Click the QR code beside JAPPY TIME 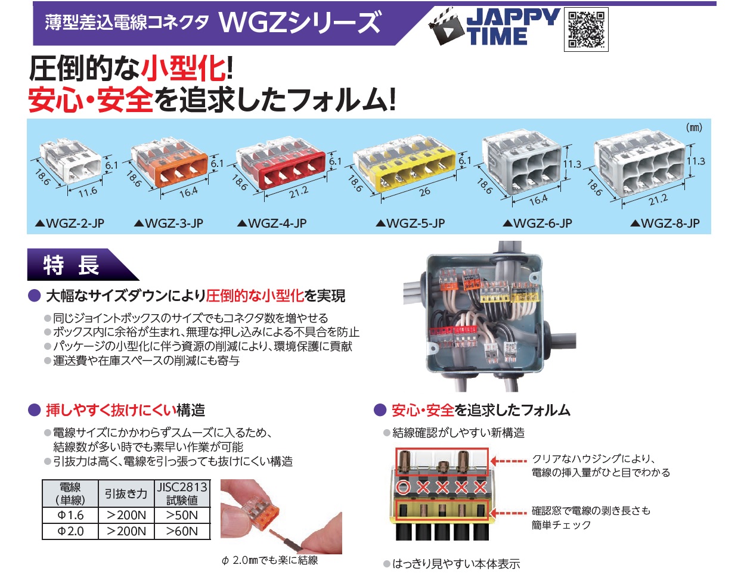(x=586, y=30)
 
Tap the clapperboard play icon (x=447, y=27)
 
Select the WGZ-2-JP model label (x=70, y=224)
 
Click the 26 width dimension (x=424, y=192)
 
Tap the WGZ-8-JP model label (x=665, y=224)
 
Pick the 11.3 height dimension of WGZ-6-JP (x=572, y=165)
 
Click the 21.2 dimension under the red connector (x=299, y=193)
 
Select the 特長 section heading (x=71, y=265)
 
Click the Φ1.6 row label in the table (x=70, y=515)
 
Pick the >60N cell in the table (x=182, y=531)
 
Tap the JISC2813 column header (x=182, y=493)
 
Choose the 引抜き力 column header (x=126, y=493)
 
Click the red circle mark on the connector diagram (x=403, y=487)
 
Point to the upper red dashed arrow (x=509, y=461)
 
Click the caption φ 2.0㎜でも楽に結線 (x=269, y=560)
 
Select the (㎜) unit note (x=694, y=128)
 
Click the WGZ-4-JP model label (x=272, y=224)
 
